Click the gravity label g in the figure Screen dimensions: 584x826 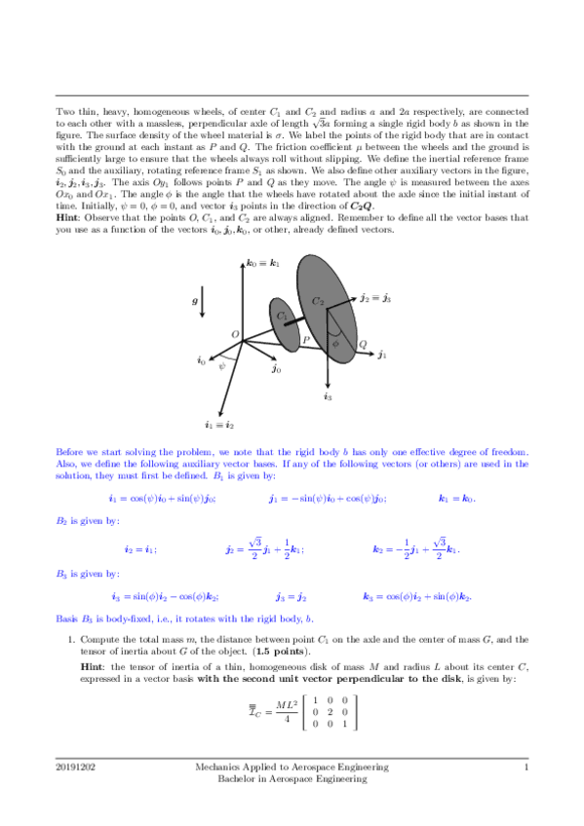(193, 302)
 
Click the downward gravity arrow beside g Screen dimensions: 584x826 (202, 301)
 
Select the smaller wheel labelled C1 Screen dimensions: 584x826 (283, 321)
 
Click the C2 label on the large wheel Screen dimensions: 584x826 (318, 303)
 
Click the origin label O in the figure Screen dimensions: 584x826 (234, 335)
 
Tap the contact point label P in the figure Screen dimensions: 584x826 (305, 340)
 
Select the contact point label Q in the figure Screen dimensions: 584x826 (362, 345)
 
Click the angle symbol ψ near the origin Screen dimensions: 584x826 (222, 366)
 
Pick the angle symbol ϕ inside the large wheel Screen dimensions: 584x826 (336, 342)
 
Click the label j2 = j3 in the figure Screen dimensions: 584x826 (375, 298)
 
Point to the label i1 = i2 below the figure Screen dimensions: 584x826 (218, 425)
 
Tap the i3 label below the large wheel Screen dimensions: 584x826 (328, 396)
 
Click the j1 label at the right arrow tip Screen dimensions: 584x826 (381, 357)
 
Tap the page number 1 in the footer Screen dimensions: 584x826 (526, 768)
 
